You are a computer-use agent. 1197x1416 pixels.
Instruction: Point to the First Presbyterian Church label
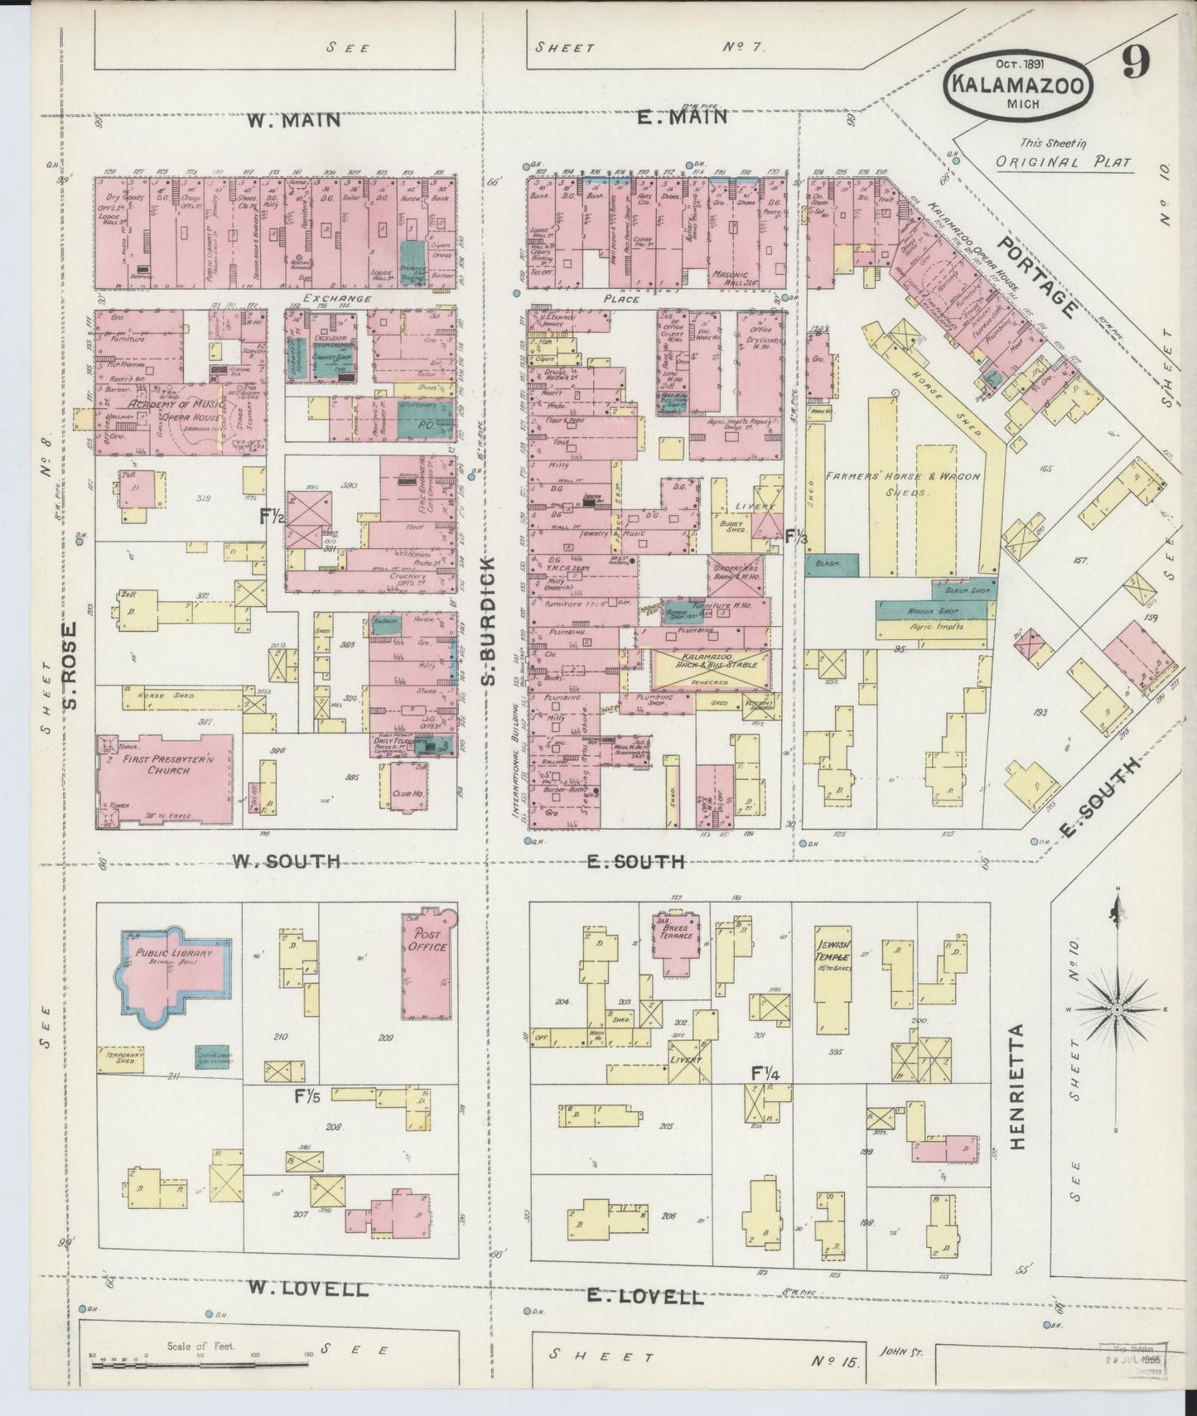(x=157, y=763)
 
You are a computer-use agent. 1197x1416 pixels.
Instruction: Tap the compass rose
(x=1117, y=1010)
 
